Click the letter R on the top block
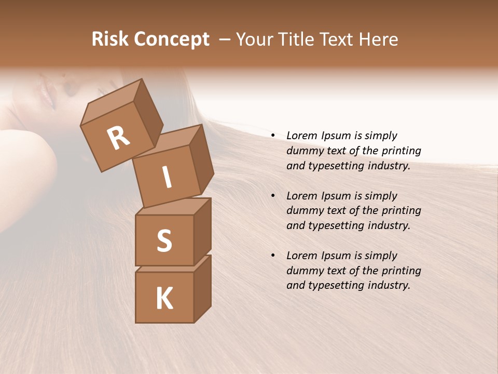118,138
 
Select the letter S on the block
164,241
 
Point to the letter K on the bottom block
164,299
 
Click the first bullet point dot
272,136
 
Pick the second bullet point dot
272,196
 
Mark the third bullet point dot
272,256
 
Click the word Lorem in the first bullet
301,136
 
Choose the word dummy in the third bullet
303,271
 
